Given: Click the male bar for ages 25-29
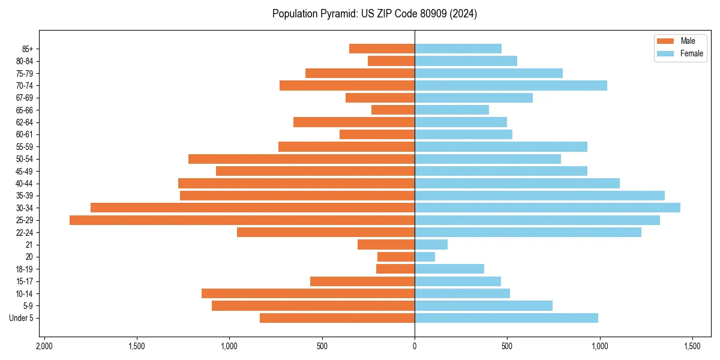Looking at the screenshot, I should click(242, 220).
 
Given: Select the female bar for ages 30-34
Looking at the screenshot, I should click(547, 208).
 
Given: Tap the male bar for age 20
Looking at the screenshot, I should click(396, 257).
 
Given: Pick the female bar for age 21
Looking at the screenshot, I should click(431, 245).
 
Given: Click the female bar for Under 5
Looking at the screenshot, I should click(506, 318).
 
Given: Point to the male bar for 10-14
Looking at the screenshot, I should click(308, 293).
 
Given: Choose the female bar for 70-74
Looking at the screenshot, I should click(511, 85).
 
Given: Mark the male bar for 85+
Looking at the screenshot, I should click(382, 49).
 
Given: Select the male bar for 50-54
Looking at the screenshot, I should click(301, 159).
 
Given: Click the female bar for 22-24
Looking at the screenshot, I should click(528, 232).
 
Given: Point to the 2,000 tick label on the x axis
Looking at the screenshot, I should click(44, 347).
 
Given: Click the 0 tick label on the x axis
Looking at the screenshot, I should click(415, 347).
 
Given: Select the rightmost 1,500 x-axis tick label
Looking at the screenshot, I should click(692, 347).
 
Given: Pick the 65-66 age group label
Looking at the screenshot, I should click(24, 110).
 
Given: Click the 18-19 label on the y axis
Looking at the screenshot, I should click(24, 269).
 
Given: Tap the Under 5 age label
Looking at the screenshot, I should click(21, 318).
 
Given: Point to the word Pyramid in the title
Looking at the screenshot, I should click(337, 14).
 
